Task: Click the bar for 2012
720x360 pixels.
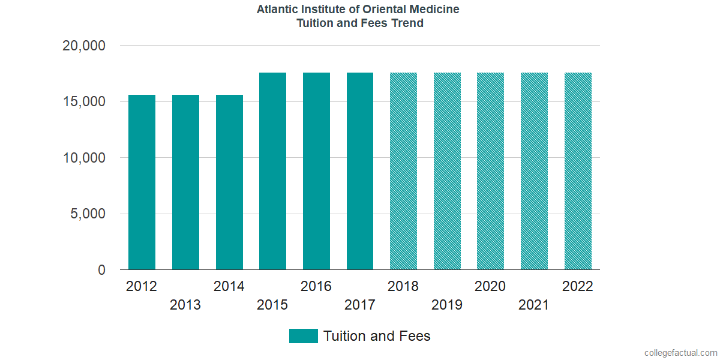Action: click(142, 182)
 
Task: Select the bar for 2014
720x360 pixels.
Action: click(229, 182)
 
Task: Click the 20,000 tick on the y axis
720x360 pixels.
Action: click(84, 46)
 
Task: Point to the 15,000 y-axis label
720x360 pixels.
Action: click(84, 102)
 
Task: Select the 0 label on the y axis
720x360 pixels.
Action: click(101, 271)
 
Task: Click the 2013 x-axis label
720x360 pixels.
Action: click(185, 305)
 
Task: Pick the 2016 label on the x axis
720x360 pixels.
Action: click(316, 286)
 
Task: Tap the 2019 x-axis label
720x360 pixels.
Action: click(447, 305)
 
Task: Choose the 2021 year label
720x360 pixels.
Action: click(534, 305)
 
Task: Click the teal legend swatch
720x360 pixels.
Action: click(303, 336)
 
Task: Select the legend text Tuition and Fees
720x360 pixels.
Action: click(377, 336)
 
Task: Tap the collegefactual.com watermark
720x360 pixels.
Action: click(680, 353)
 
